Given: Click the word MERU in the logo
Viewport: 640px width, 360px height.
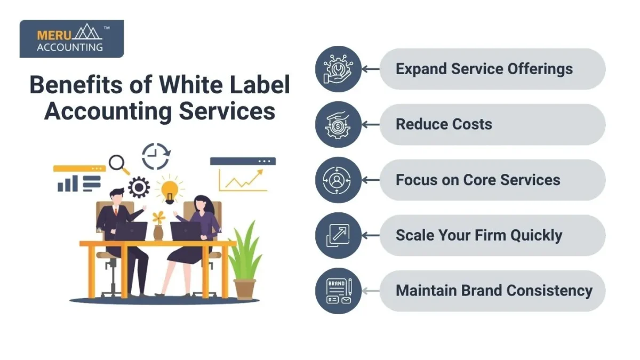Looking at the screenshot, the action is pos(54,35).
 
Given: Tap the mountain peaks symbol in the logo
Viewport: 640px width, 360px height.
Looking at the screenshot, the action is pos(87,31).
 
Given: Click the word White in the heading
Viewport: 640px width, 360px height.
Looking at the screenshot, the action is pos(191,85).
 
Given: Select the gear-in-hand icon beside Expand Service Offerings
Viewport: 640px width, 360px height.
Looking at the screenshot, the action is pos(338,69).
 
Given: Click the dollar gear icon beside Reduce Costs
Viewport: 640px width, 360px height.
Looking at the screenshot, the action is pos(338,125).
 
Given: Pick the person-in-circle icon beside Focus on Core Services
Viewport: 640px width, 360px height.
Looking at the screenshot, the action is pos(337,180).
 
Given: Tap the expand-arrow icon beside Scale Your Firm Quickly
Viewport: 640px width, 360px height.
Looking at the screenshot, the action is pos(338,236).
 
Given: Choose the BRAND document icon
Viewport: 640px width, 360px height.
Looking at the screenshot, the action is pos(339,291).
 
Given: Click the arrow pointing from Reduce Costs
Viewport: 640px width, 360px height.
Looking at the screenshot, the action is pos(371,125).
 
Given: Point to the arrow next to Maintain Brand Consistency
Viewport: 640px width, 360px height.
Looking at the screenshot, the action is pos(371,291).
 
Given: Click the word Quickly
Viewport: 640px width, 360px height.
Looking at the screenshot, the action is pos(537,236).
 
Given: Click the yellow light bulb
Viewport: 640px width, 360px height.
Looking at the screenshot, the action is pos(170,191).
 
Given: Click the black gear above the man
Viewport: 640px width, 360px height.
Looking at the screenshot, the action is pos(139,187).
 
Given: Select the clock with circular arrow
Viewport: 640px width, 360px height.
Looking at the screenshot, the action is pos(156,156).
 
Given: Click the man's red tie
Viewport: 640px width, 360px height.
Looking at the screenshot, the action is pos(116,211).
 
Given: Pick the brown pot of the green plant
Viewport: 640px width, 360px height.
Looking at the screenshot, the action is pos(245,289).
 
